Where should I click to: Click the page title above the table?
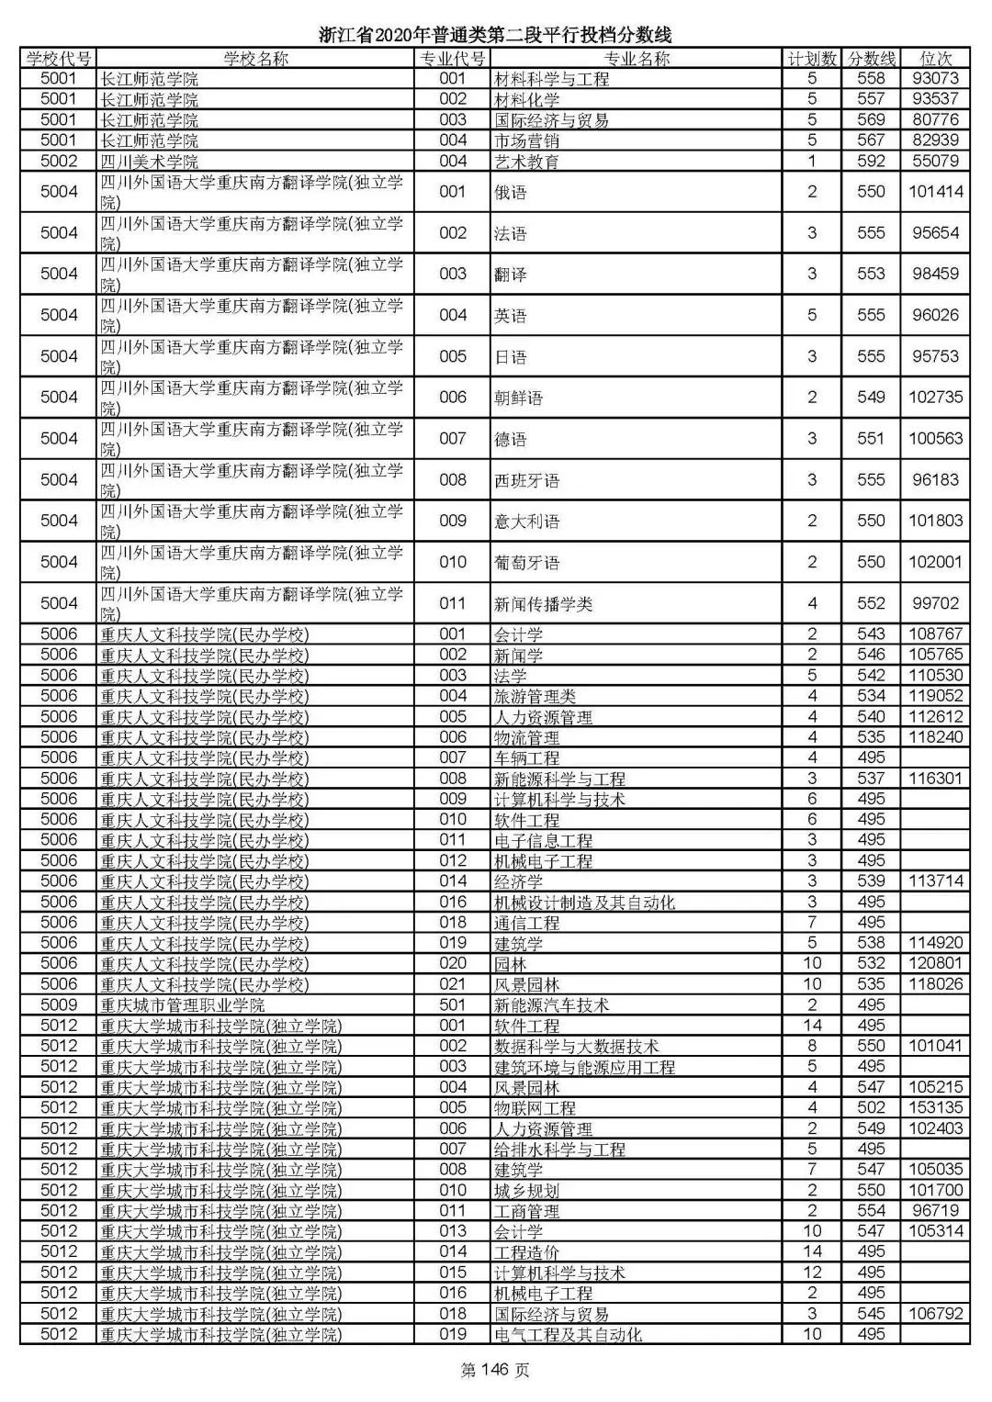point(495,35)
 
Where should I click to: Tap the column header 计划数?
point(812,59)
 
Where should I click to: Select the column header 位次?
point(935,59)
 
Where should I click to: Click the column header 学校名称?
point(254,59)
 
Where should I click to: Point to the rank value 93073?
point(935,79)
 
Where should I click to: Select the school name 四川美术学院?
point(149,162)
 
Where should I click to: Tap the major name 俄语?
point(511,192)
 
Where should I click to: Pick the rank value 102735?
point(935,398)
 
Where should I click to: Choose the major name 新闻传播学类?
point(543,604)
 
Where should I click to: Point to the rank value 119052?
point(935,696)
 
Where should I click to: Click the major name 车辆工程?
point(526,758)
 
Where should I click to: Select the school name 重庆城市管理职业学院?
point(182,1005)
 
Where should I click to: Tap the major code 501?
point(453,1005)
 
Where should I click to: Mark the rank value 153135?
point(935,1108)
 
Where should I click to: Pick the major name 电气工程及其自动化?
point(568,1335)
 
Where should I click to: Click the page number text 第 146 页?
point(495,1371)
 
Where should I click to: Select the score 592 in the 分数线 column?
point(870,162)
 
